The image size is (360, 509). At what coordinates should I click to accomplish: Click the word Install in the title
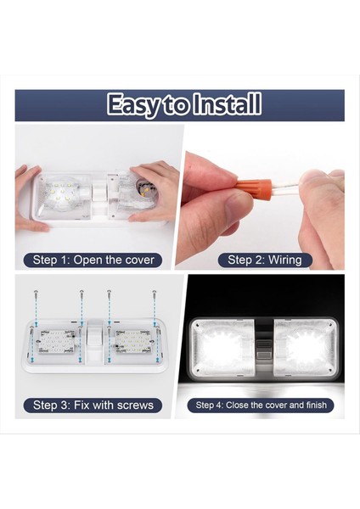pos(228,105)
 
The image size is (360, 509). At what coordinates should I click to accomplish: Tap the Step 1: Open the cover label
pos(93,260)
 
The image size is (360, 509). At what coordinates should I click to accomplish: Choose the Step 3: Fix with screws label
pos(93,405)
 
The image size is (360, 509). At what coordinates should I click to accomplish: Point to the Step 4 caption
pos(261,406)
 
